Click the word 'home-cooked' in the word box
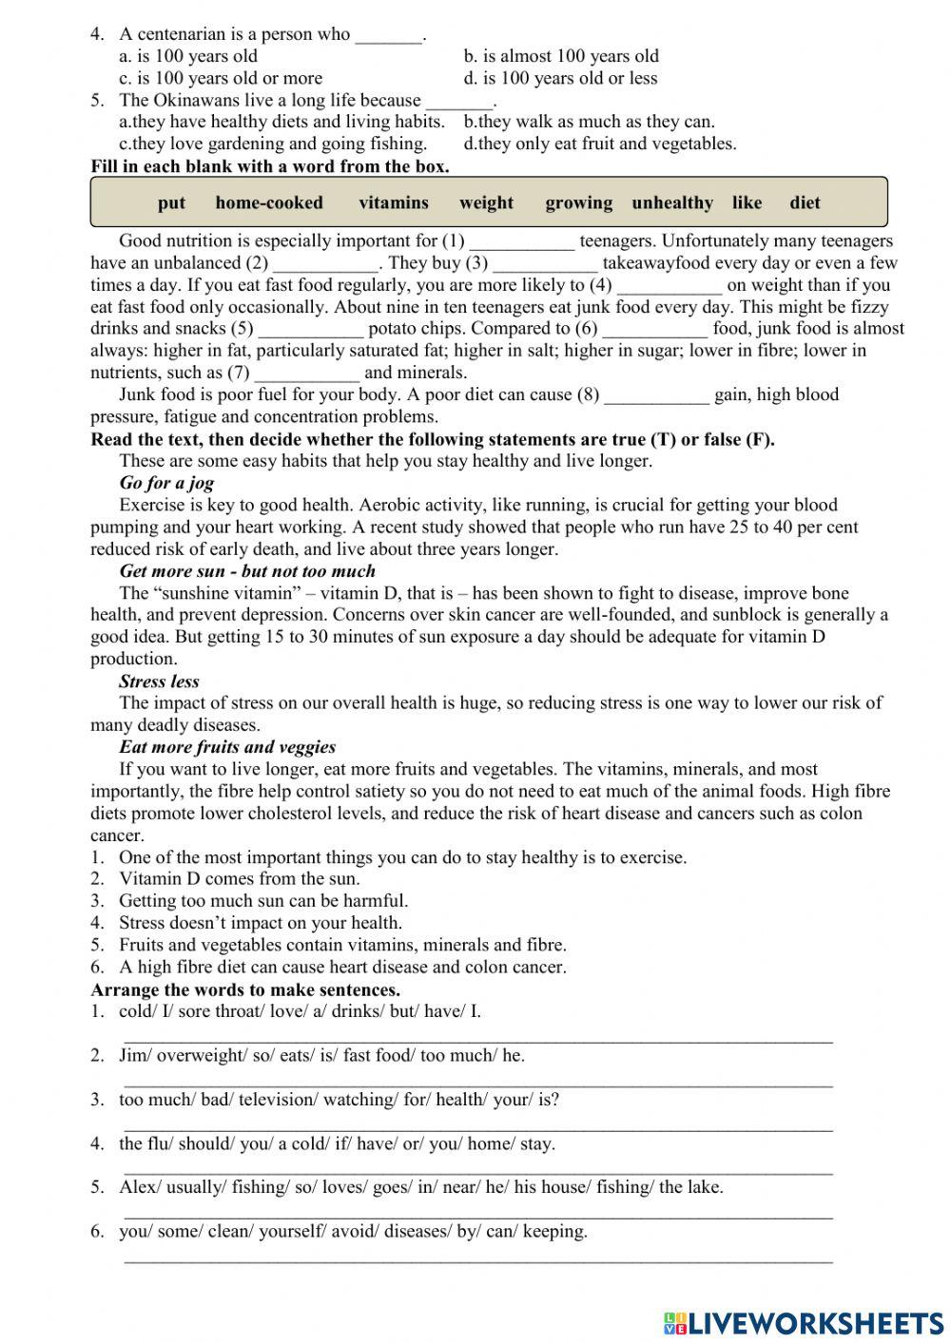tap(269, 202)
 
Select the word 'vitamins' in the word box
tap(394, 202)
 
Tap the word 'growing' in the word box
tap(578, 202)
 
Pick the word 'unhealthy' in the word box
tap(671, 202)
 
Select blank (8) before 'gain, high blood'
tap(656, 396)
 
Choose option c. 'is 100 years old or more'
tap(221, 78)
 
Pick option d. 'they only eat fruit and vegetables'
tap(600, 144)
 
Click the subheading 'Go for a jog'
tap(166, 483)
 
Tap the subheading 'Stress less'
tap(159, 681)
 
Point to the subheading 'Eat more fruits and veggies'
tap(227, 747)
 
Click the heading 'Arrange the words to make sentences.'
tap(245, 989)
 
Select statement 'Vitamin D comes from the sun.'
tap(239, 879)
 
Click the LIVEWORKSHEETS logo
tap(804, 1322)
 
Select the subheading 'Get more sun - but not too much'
tap(247, 571)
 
